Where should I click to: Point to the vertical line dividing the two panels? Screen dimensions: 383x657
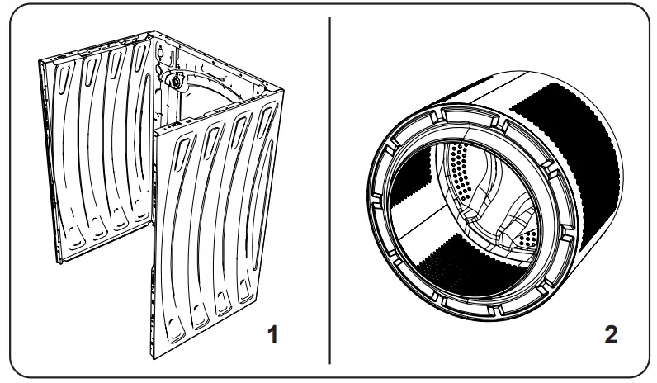click(329, 190)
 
